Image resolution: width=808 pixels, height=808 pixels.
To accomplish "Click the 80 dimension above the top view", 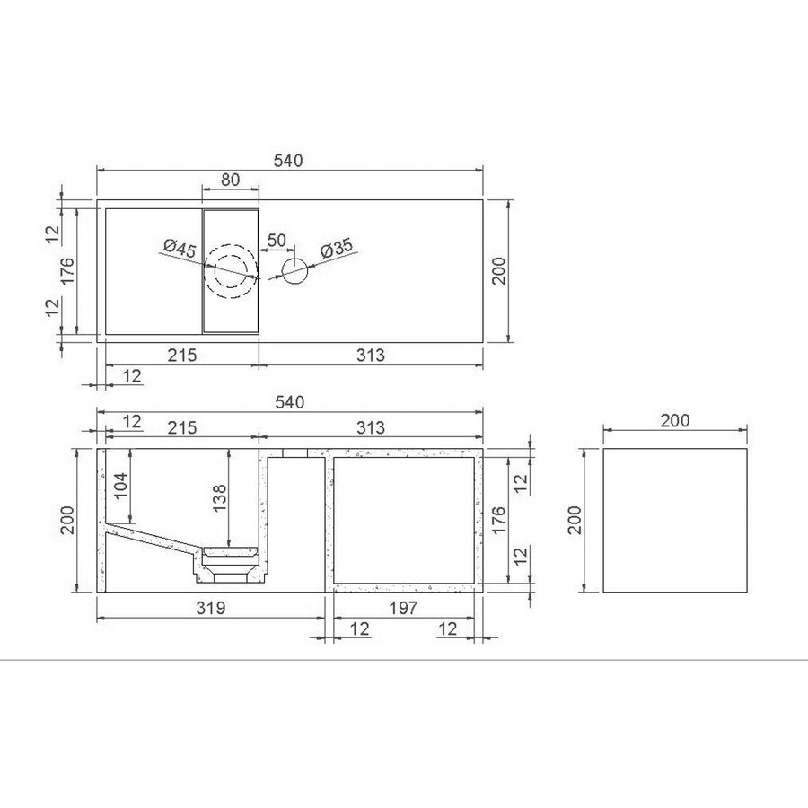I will (x=230, y=180).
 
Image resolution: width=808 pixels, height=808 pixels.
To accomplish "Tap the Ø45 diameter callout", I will (x=180, y=249).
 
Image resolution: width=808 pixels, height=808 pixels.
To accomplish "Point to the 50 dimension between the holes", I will (x=277, y=241).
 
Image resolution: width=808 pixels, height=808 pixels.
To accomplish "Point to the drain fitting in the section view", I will (x=231, y=564).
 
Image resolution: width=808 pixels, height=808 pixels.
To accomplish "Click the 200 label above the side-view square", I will (x=674, y=419).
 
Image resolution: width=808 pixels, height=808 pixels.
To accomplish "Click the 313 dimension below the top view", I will (x=370, y=355).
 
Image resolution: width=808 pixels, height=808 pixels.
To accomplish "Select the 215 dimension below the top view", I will (x=182, y=355).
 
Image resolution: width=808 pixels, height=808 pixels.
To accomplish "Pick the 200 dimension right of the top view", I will (x=499, y=270).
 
